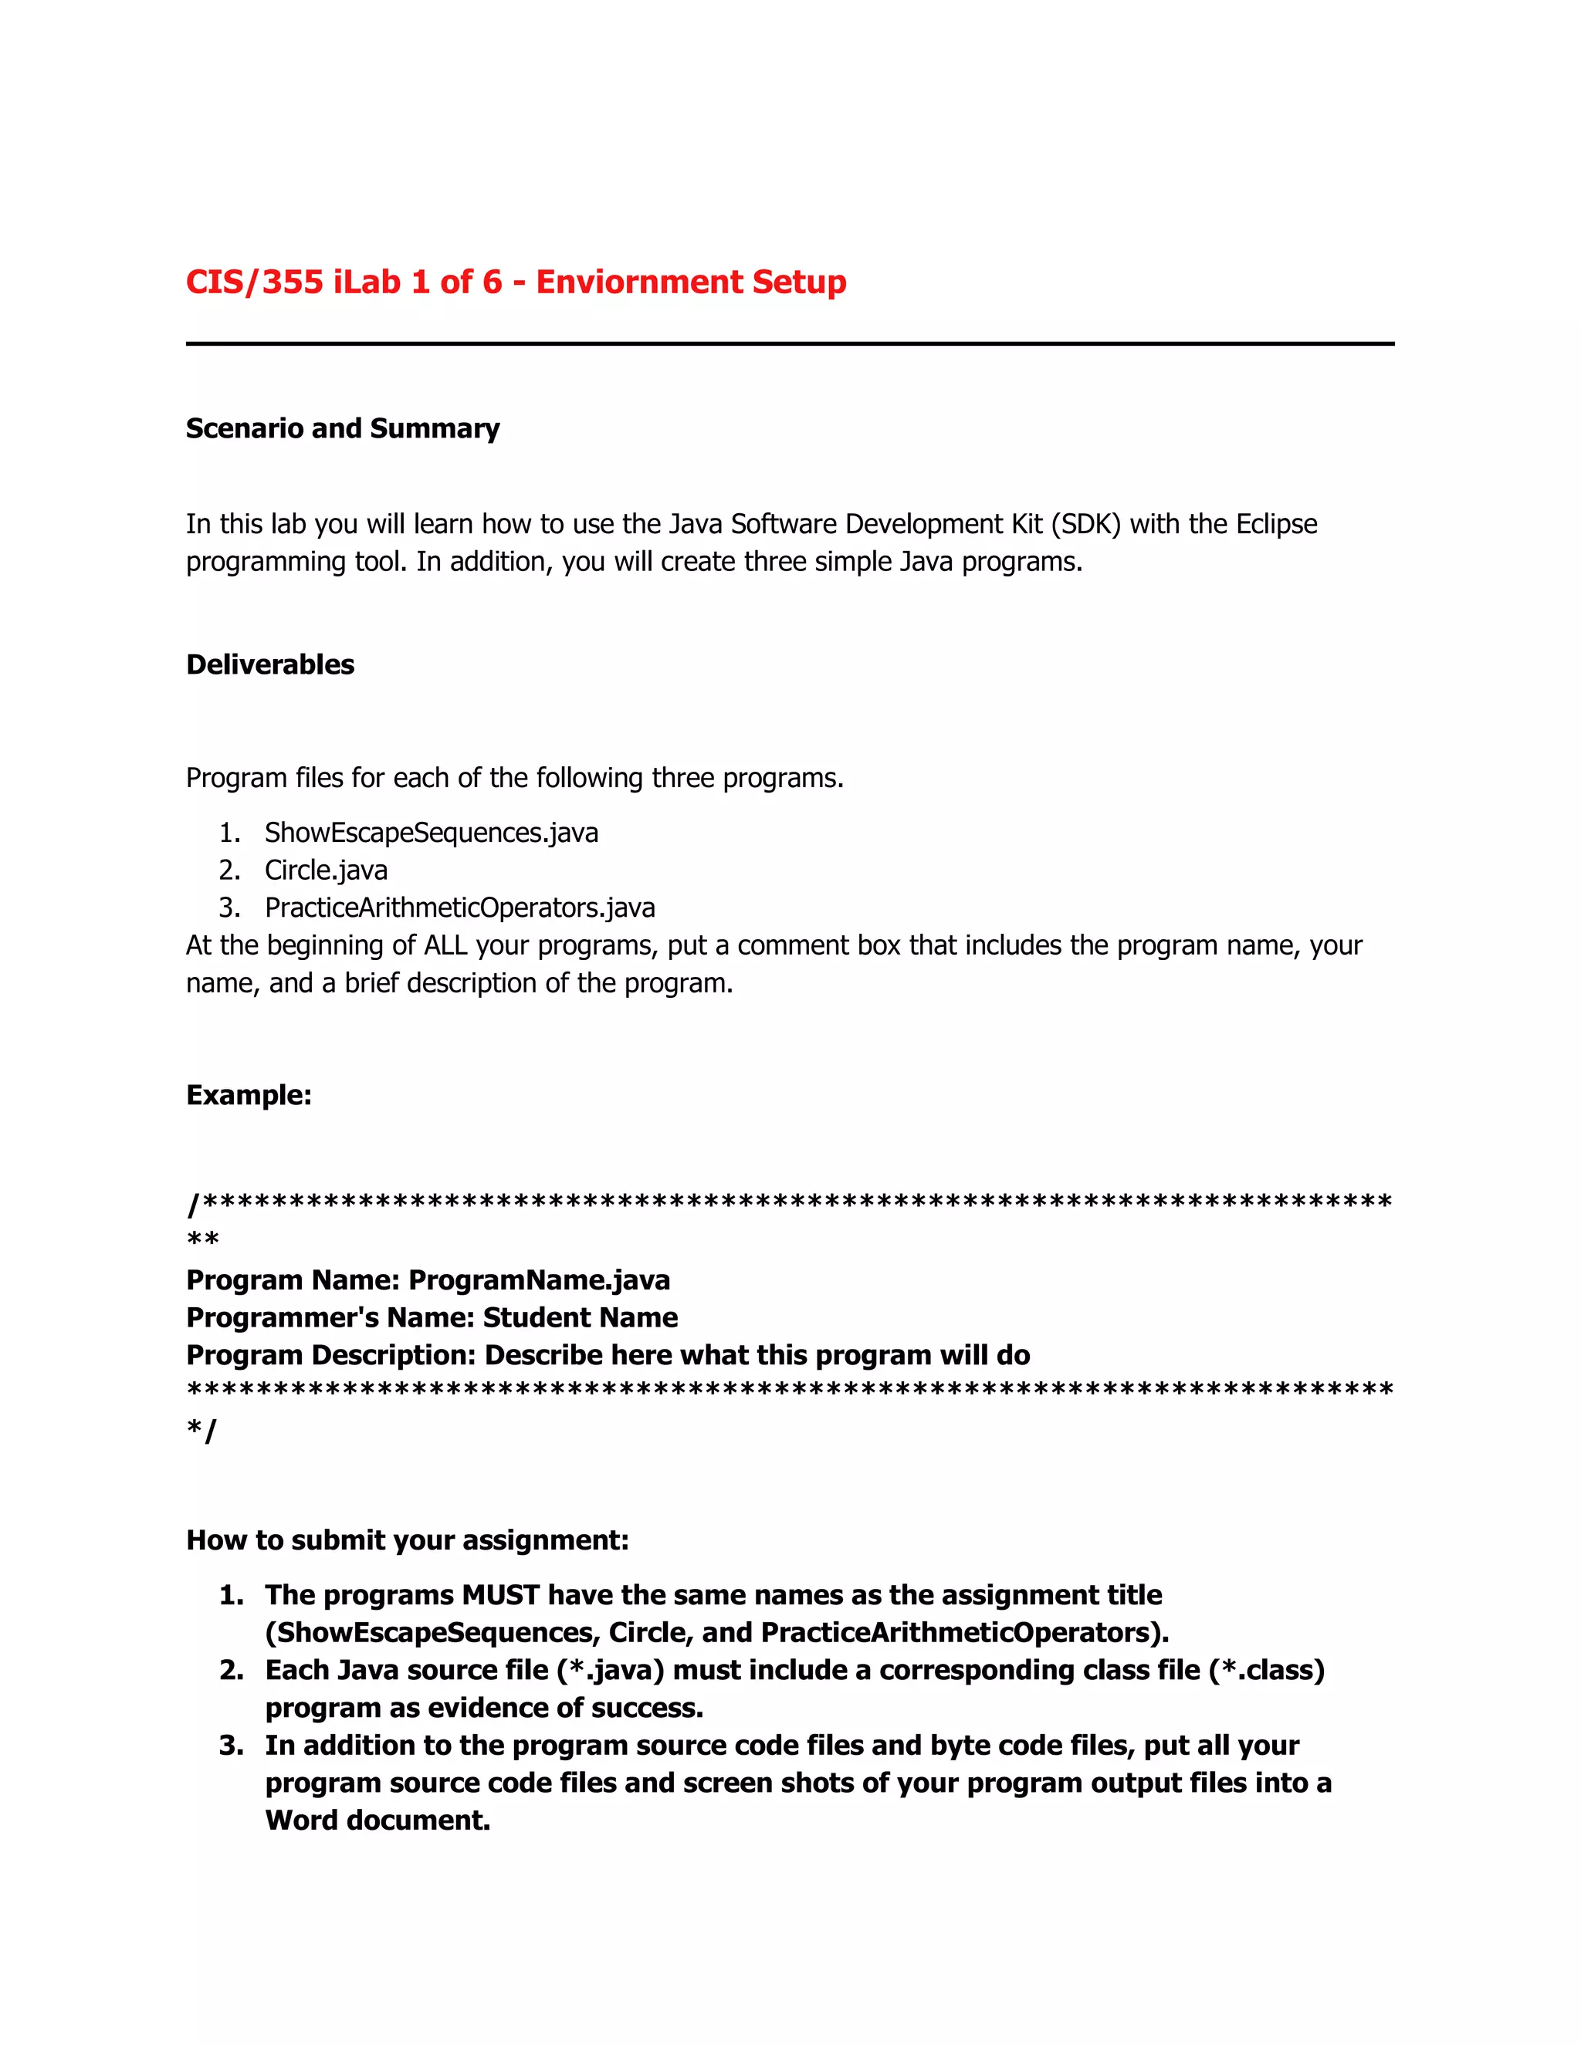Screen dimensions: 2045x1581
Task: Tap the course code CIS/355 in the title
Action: click(x=254, y=282)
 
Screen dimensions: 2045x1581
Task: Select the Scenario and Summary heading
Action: click(x=342, y=428)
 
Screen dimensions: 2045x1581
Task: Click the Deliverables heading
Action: click(x=269, y=664)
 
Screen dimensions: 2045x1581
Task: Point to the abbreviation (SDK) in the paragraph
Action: click(x=1085, y=523)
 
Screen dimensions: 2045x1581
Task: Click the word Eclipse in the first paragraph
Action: click(x=1275, y=523)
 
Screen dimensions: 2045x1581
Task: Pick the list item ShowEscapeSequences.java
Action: click(x=431, y=833)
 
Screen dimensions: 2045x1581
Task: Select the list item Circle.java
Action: click(x=326, y=870)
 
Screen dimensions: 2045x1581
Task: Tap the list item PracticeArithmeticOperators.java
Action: click(x=459, y=908)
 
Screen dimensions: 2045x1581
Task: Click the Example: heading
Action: click(x=249, y=1094)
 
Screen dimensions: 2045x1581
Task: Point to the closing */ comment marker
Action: click(x=201, y=1430)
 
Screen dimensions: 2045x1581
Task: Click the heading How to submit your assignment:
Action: click(x=407, y=1540)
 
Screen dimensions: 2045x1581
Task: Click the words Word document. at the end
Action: click(x=377, y=1820)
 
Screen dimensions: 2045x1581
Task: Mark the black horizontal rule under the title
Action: click(x=790, y=343)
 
